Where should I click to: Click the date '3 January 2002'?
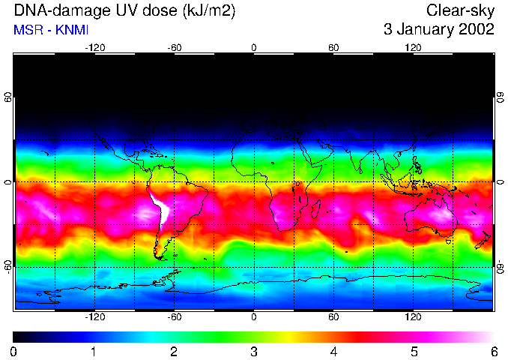click(x=438, y=30)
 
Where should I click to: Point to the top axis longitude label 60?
click(x=333, y=48)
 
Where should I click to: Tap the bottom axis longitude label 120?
click(x=413, y=316)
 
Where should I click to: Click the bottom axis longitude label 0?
click(x=254, y=316)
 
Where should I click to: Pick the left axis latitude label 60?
click(x=8, y=98)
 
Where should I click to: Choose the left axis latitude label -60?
click(x=8, y=266)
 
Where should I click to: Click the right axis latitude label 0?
click(x=500, y=182)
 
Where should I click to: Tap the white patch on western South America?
click(x=163, y=210)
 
